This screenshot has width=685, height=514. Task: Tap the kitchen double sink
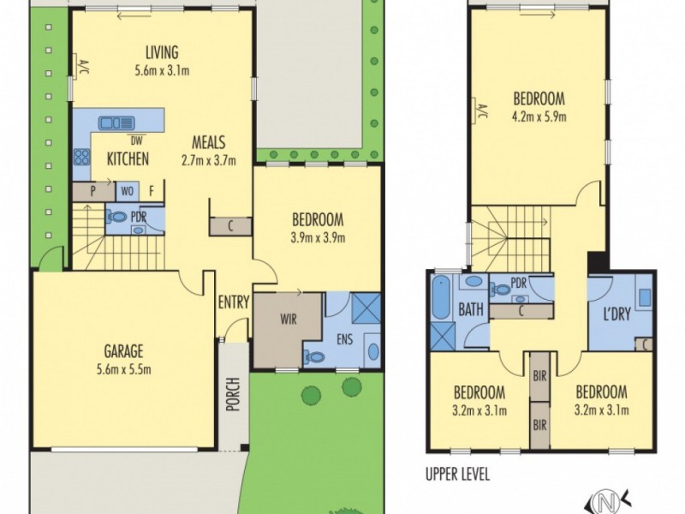114,123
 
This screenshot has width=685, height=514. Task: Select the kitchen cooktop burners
83,157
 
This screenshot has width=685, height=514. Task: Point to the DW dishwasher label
134,140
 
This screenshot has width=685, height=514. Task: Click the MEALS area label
209,142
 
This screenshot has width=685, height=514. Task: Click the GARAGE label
124,350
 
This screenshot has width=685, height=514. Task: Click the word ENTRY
233,302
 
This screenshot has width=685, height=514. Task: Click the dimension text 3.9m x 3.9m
317,237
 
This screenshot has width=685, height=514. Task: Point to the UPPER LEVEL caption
458,473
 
